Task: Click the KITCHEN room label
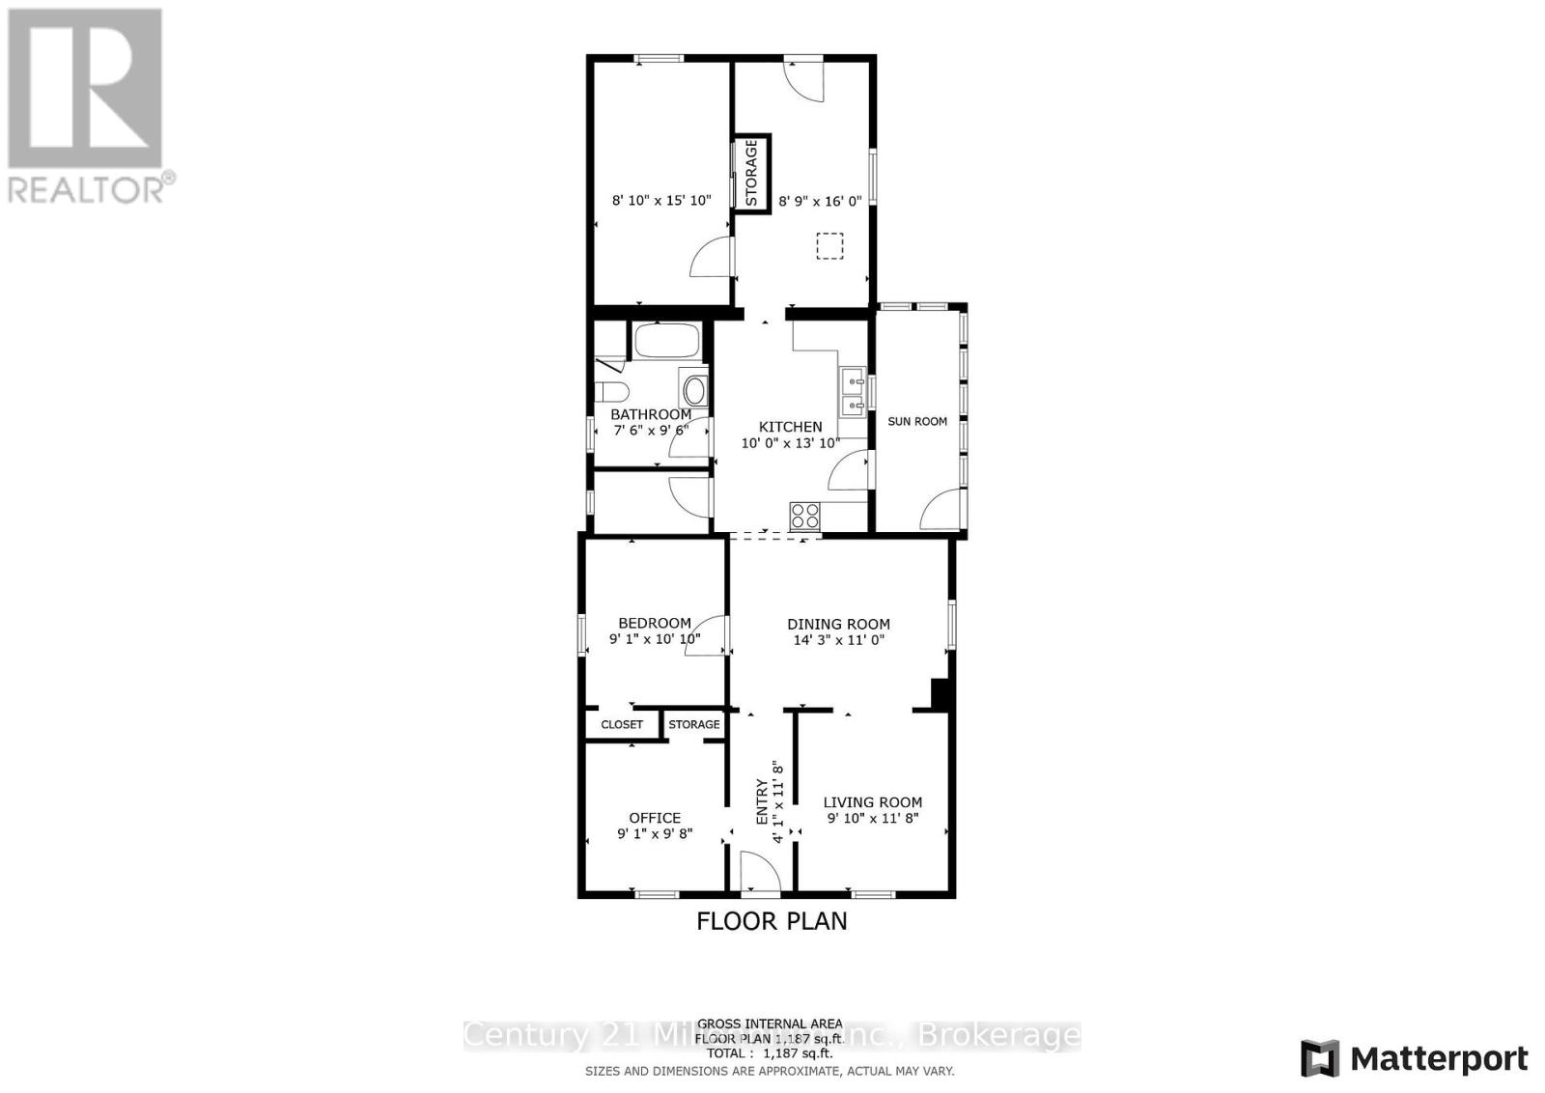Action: click(x=790, y=427)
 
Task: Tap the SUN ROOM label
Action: click(x=916, y=421)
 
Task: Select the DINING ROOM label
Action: click(x=838, y=625)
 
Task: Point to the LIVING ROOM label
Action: click(x=872, y=802)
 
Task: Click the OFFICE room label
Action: click(x=655, y=818)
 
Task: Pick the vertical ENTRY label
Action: click(x=761, y=800)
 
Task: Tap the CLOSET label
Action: click(x=622, y=724)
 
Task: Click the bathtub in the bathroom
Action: click(x=665, y=341)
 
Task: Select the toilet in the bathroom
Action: click(x=611, y=391)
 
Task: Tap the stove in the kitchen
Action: click(x=805, y=517)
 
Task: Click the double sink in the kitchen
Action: click(x=852, y=391)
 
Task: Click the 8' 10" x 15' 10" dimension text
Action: click(x=661, y=201)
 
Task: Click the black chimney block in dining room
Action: click(x=937, y=693)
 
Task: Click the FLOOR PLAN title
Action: click(x=772, y=921)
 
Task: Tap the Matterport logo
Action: click(x=1415, y=1058)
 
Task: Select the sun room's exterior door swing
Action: click(x=943, y=510)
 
